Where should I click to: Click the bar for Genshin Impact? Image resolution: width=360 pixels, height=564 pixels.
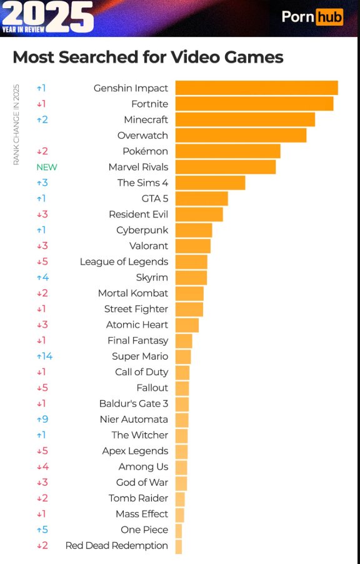(x=256, y=88)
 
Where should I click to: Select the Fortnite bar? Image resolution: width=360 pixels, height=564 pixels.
(x=254, y=104)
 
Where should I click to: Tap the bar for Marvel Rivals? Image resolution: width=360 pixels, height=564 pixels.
(x=225, y=167)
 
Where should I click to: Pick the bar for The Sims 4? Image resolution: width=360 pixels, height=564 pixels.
(x=210, y=183)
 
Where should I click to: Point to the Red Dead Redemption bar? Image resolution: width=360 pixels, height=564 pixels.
(x=179, y=546)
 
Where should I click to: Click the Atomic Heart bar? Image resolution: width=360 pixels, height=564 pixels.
(x=187, y=325)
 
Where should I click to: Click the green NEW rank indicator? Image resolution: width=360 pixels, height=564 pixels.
(x=46, y=167)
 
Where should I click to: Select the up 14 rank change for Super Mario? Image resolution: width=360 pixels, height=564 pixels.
(x=44, y=356)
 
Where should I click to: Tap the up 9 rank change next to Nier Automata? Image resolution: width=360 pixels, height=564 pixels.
(x=42, y=420)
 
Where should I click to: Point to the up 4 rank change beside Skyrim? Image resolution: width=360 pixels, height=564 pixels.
(x=42, y=278)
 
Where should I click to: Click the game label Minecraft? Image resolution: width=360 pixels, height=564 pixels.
(x=146, y=119)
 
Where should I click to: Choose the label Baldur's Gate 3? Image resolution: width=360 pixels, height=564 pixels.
(x=133, y=404)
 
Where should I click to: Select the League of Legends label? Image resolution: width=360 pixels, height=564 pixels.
(x=124, y=262)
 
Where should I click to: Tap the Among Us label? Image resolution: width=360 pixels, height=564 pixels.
(x=143, y=467)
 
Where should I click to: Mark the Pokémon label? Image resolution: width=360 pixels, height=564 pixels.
(x=145, y=151)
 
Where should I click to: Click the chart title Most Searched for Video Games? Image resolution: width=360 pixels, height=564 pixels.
(x=148, y=57)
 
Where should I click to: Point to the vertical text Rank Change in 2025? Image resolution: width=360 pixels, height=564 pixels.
(x=16, y=125)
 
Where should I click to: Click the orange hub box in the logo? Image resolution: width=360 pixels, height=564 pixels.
(x=329, y=17)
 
